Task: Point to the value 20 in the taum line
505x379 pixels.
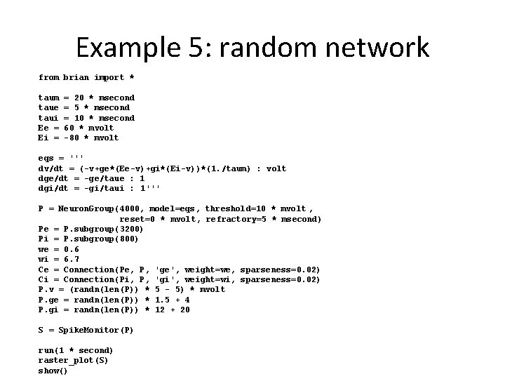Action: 79,98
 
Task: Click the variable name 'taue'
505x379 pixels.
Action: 48,107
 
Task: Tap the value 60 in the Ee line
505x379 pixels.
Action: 69,128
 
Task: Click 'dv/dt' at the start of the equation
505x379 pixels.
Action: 50,168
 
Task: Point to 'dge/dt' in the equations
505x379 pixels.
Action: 53,178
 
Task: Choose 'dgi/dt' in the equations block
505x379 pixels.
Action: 53,188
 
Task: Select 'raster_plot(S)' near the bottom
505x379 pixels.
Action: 74,360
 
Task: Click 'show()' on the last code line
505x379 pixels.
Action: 53,371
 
